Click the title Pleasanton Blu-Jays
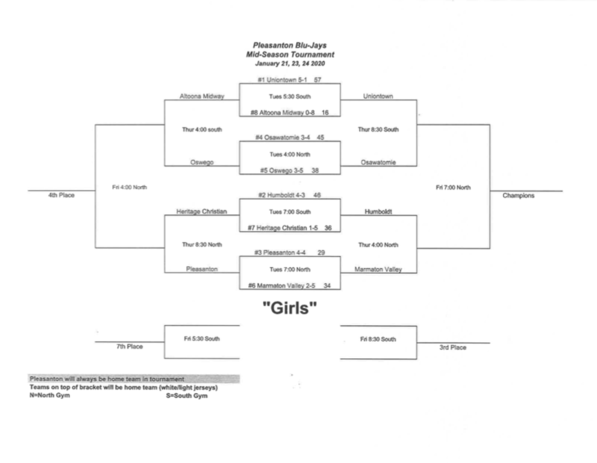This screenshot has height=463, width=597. (x=290, y=46)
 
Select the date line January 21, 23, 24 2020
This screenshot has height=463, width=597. (x=290, y=63)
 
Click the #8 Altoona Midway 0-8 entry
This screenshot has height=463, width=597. (x=282, y=112)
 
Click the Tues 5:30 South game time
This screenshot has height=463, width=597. (x=290, y=96)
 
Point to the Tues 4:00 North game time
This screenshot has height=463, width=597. (x=290, y=154)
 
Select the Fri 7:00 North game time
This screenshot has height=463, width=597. (x=453, y=187)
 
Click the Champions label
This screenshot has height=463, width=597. (x=518, y=195)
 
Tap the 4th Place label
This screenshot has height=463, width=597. (x=61, y=195)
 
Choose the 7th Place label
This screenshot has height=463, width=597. (x=129, y=347)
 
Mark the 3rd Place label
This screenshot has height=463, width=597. (x=452, y=347)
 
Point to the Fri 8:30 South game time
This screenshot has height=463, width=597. (x=378, y=339)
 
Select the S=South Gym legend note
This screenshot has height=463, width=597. (x=187, y=395)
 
